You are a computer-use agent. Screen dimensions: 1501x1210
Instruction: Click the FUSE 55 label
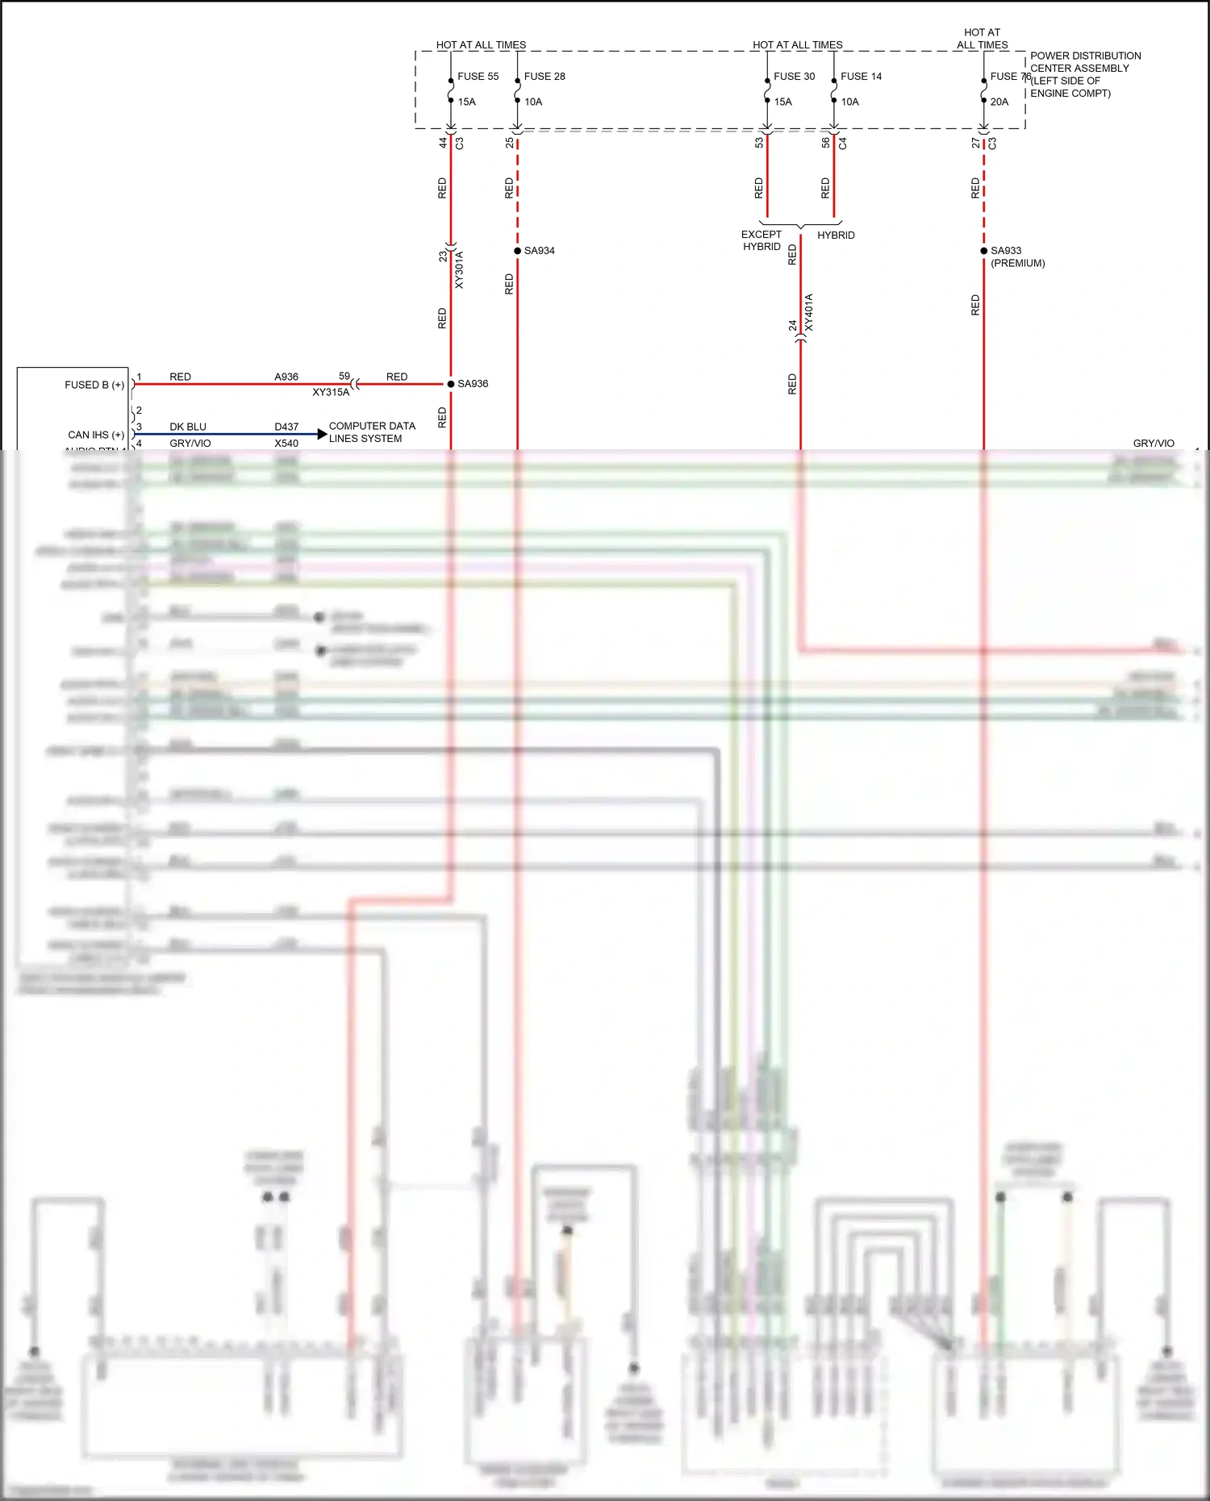478,77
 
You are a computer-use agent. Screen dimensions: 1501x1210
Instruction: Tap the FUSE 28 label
544,77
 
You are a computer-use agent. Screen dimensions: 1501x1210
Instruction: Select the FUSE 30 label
794,77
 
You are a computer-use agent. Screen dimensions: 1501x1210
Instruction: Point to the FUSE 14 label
861,77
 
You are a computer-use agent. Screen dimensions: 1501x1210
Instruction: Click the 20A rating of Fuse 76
999,102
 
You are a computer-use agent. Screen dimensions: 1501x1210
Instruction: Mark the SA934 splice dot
518,251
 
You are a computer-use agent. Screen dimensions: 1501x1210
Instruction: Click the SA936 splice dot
451,384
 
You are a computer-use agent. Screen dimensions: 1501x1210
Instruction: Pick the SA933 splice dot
984,251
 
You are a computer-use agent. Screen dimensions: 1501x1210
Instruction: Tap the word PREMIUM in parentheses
1018,264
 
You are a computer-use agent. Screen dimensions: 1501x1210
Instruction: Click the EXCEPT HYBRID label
761,240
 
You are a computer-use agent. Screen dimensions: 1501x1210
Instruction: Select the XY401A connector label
809,313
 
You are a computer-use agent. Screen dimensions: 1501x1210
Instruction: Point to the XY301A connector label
459,270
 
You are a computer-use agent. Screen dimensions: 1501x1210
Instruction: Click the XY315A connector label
331,393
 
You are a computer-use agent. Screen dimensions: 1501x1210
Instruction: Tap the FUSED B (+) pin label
94,386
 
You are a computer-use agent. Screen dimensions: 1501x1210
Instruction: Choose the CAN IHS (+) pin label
96,435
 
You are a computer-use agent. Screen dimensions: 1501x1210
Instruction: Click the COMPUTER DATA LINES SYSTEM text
372,432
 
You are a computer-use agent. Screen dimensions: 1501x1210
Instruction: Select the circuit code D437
286,427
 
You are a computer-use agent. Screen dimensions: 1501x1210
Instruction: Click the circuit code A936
286,377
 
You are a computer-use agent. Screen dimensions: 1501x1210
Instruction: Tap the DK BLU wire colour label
188,427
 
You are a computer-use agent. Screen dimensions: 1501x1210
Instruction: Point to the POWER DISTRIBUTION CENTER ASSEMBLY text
1085,62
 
